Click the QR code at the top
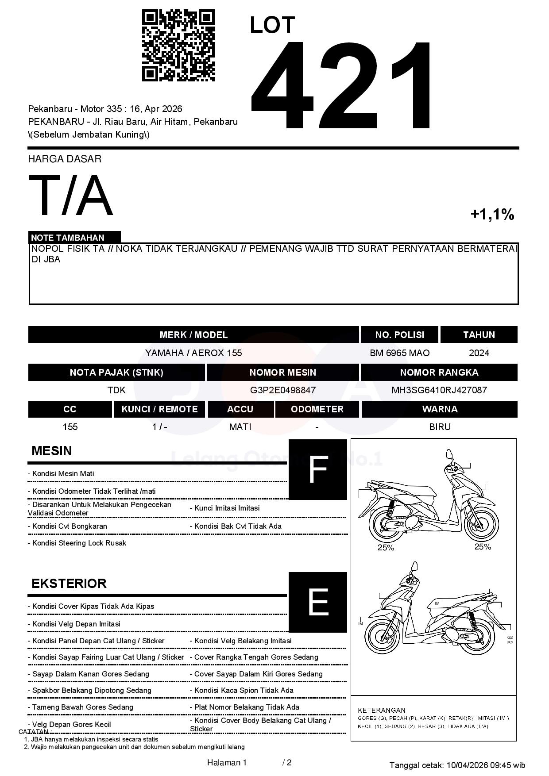(x=178, y=46)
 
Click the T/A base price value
(x=71, y=196)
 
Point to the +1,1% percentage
(x=492, y=215)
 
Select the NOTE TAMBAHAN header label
(x=68, y=238)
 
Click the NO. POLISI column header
(x=399, y=335)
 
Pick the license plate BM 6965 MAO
(x=399, y=353)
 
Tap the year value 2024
(x=479, y=353)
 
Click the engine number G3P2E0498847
(x=282, y=390)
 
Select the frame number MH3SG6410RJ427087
(x=439, y=390)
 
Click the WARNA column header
(x=440, y=409)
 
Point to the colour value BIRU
(x=440, y=427)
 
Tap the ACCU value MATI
(x=240, y=427)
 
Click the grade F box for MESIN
(x=317, y=469)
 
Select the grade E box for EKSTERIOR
(x=317, y=602)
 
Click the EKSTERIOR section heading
(x=69, y=584)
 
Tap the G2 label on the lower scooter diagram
(x=510, y=638)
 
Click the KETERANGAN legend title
(x=382, y=710)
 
